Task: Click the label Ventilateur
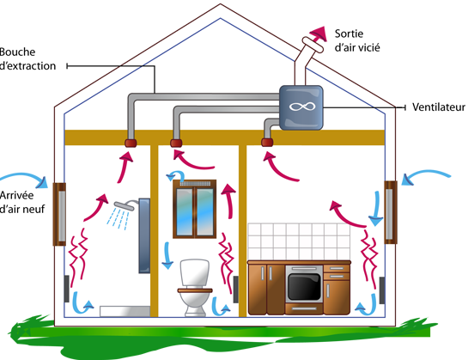click(x=439, y=107)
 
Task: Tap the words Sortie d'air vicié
click(x=357, y=40)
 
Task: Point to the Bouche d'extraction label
click(x=27, y=59)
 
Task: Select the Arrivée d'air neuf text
click(x=22, y=202)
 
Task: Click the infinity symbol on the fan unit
click(x=302, y=107)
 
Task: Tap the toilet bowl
click(x=195, y=288)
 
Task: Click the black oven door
click(x=304, y=287)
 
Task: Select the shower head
click(x=125, y=205)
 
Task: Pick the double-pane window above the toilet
click(x=195, y=209)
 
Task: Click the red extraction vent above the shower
click(x=131, y=143)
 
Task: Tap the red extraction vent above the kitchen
click(x=267, y=143)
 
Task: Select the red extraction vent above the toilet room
click(x=176, y=143)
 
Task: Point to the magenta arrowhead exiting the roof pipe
click(x=319, y=33)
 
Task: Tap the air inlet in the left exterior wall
click(x=60, y=214)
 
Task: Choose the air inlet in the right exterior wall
click(x=391, y=212)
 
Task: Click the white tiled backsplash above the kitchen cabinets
click(x=299, y=241)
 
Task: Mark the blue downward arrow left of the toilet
click(x=167, y=256)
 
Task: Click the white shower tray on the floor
click(x=125, y=311)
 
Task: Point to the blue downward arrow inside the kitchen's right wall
click(x=376, y=208)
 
